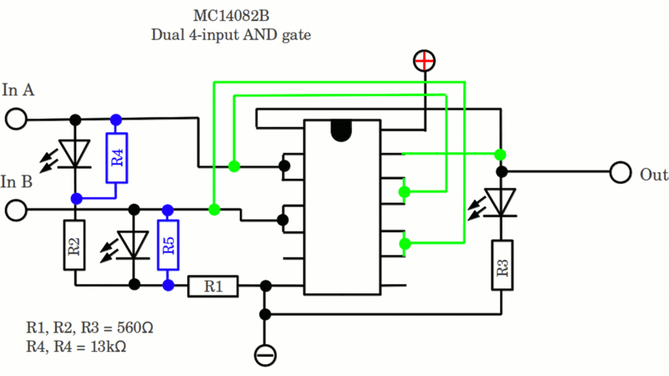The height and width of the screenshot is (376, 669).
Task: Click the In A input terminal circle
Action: (16, 119)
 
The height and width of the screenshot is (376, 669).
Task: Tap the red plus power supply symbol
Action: (425, 60)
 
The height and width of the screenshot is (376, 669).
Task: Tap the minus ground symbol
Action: (265, 354)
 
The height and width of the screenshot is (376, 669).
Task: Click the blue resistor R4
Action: (116, 157)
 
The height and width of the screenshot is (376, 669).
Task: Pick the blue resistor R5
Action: (168, 245)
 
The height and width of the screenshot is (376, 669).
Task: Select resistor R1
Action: (213, 287)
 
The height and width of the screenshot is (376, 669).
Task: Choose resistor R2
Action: (74, 246)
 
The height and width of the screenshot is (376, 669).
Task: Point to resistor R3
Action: (502, 264)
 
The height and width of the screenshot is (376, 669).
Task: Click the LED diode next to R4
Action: (76, 155)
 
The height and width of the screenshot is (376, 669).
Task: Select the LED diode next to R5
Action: (133, 244)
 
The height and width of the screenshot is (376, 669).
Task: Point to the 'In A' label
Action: (18, 90)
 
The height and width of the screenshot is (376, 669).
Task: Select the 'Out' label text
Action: (653, 175)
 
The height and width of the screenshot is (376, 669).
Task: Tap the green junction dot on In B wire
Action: (214, 209)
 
